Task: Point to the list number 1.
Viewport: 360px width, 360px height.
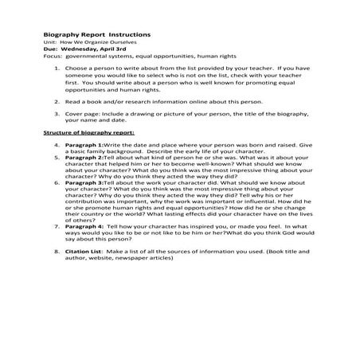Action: pyautogui.click(x=57, y=68)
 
